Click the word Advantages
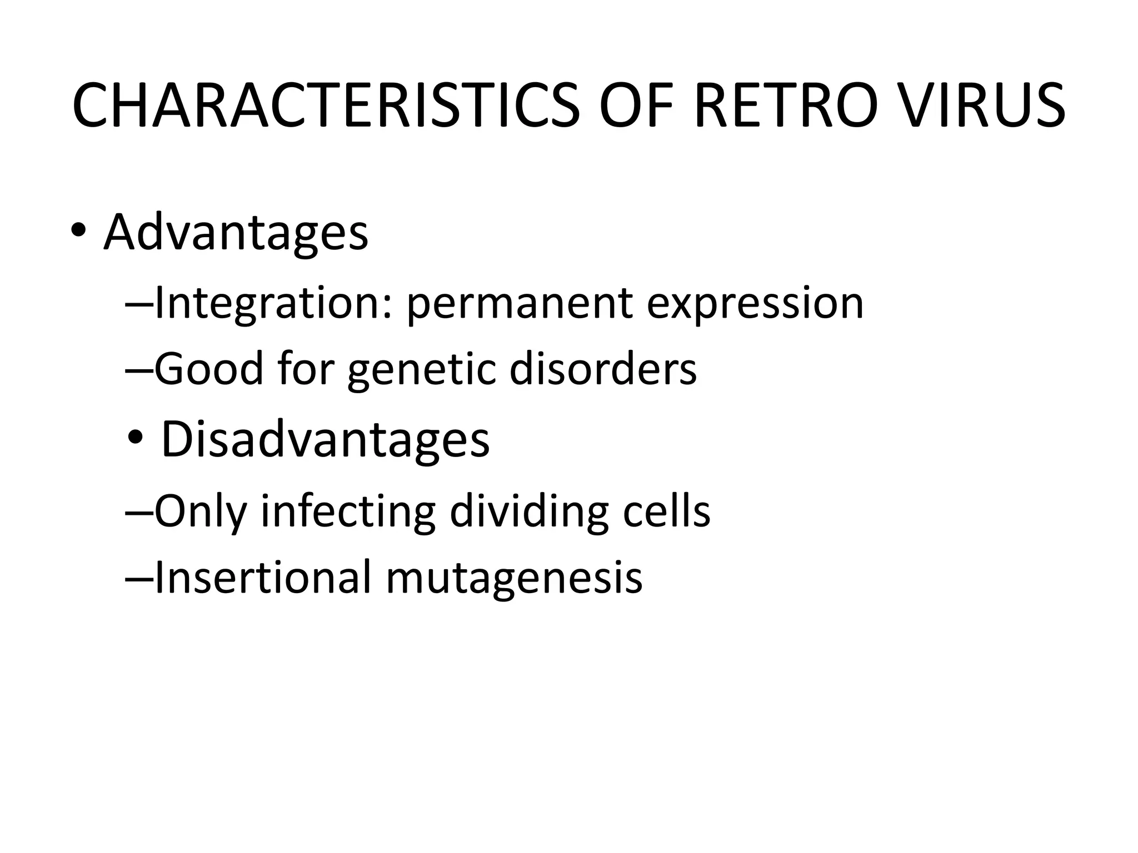(x=236, y=232)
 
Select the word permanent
(x=520, y=304)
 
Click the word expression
(x=755, y=304)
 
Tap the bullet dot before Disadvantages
(x=135, y=439)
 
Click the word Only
(x=200, y=511)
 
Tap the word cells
(x=666, y=510)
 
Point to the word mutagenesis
(x=514, y=578)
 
